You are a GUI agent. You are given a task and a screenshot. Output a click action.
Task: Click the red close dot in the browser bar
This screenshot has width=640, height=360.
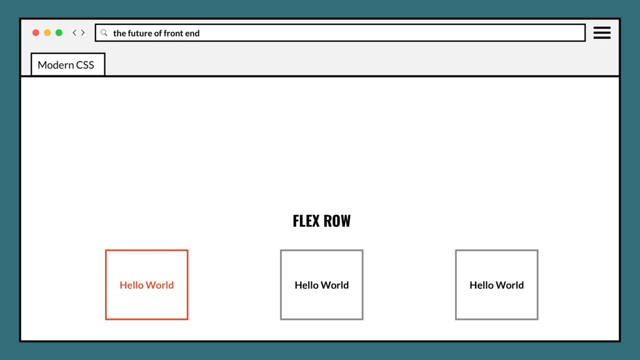(x=36, y=32)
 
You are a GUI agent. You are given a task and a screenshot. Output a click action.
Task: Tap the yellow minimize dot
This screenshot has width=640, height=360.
(x=47, y=32)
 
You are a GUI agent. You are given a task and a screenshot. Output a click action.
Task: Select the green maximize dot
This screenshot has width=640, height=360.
(x=59, y=32)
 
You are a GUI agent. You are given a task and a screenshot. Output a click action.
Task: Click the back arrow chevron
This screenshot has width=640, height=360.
(x=74, y=32)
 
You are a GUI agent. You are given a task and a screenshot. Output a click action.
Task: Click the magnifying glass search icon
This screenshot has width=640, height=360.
(x=104, y=32)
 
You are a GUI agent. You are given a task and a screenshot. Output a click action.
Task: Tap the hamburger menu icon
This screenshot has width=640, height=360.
(x=602, y=32)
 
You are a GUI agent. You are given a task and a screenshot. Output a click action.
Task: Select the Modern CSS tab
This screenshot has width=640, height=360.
(x=67, y=65)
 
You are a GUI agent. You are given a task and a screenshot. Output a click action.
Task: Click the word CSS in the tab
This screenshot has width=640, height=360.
(x=84, y=65)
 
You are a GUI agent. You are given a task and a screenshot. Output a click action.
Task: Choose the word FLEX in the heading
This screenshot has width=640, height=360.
(x=306, y=221)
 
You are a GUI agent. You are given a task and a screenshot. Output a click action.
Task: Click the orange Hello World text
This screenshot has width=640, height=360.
(x=146, y=285)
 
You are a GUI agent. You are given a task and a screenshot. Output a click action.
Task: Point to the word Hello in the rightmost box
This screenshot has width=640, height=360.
(x=482, y=285)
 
